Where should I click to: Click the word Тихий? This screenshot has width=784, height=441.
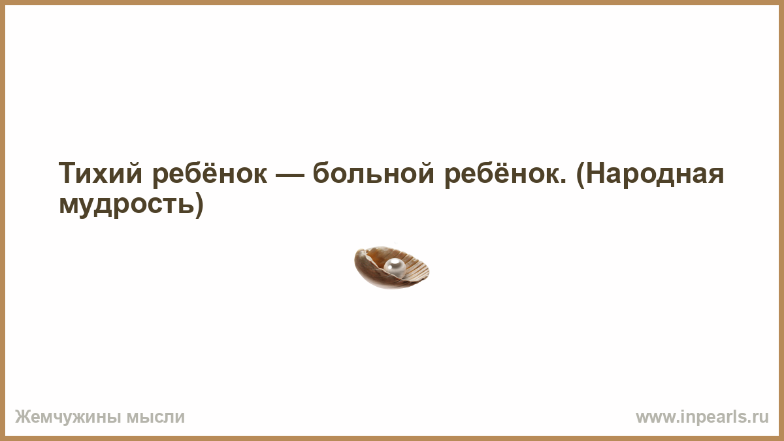(x=101, y=173)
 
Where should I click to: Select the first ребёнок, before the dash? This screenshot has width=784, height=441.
(x=210, y=174)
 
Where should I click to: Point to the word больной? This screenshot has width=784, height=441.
(x=374, y=172)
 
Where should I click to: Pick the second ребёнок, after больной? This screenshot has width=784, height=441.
(x=502, y=174)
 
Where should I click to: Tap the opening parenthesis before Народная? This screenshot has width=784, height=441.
(x=580, y=174)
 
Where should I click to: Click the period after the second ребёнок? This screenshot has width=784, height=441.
(x=563, y=182)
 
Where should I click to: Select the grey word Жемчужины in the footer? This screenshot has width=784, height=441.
(x=68, y=417)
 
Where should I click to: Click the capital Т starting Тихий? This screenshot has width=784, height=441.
(x=67, y=173)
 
